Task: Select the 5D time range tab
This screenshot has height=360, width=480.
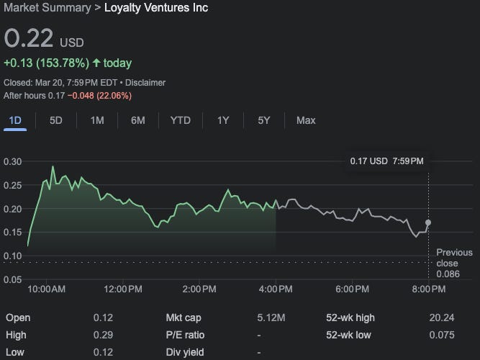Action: pyautogui.click(x=56, y=120)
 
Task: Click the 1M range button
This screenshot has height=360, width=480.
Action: pyautogui.click(x=97, y=120)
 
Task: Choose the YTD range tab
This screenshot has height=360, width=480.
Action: pyautogui.click(x=180, y=120)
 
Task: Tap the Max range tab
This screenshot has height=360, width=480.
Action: pyautogui.click(x=306, y=120)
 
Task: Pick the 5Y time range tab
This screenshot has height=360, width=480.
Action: pyautogui.click(x=264, y=120)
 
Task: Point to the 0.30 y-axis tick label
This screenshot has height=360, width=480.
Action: pyautogui.click(x=13, y=161)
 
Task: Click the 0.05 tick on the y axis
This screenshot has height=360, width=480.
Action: pyautogui.click(x=13, y=279)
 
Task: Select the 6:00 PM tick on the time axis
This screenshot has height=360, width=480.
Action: pyautogui.click(x=352, y=289)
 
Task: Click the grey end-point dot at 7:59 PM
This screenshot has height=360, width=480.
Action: pyautogui.click(x=429, y=223)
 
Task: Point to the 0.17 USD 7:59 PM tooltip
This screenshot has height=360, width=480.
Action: pyautogui.click(x=386, y=160)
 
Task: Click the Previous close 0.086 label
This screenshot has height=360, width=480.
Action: pyautogui.click(x=454, y=263)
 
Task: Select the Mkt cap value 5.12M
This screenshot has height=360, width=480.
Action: pyautogui.click(x=271, y=318)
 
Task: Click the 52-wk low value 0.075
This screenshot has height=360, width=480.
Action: pyautogui.click(x=441, y=335)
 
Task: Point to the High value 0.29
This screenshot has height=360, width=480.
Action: pyautogui.click(x=103, y=335)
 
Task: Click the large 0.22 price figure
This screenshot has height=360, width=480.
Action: pyautogui.click(x=29, y=39)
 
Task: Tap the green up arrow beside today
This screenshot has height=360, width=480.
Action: pyautogui.click(x=96, y=63)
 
